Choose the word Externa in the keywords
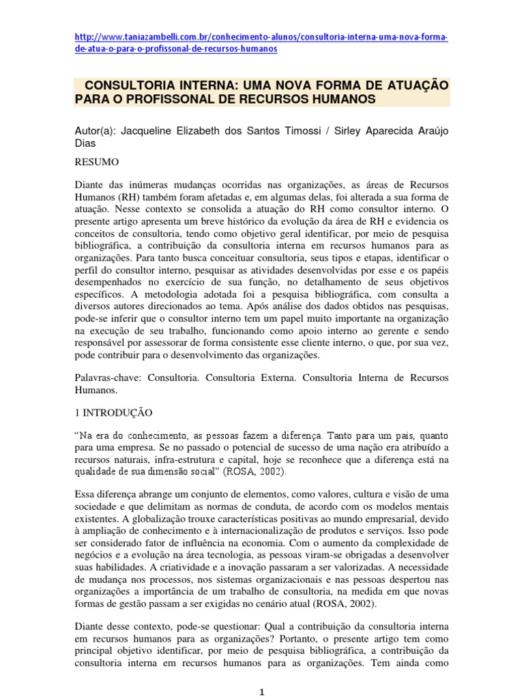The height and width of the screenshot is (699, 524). (272, 377)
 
